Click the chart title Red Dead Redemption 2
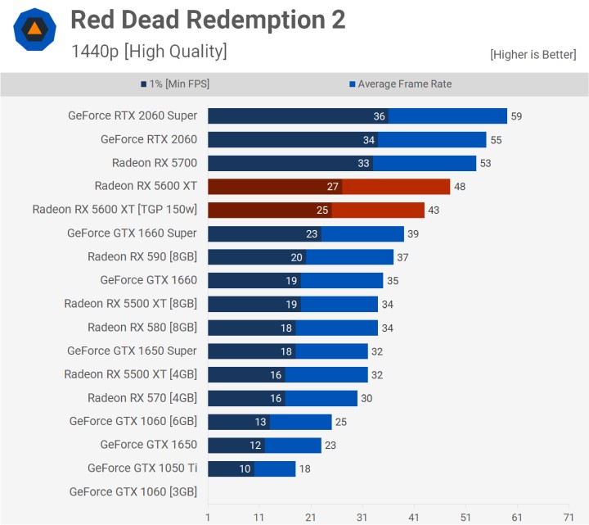tap(208, 20)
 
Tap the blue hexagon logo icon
tap(34, 30)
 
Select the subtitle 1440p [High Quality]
tap(149, 52)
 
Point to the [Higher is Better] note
tap(533, 55)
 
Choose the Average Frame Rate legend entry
tap(400, 84)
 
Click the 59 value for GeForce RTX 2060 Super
tap(516, 116)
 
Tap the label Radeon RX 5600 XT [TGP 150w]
tap(115, 210)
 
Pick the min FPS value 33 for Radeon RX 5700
tap(364, 163)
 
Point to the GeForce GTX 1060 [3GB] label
tap(133, 492)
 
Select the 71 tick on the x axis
tap(569, 518)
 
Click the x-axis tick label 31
tap(362, 518)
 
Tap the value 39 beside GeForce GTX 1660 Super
tap(413, 233)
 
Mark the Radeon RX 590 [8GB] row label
tap(142, 257)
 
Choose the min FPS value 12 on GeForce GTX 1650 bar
tap(255, 446)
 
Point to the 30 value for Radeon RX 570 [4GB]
tap(366, 399)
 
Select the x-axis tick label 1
tap(208, 518)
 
